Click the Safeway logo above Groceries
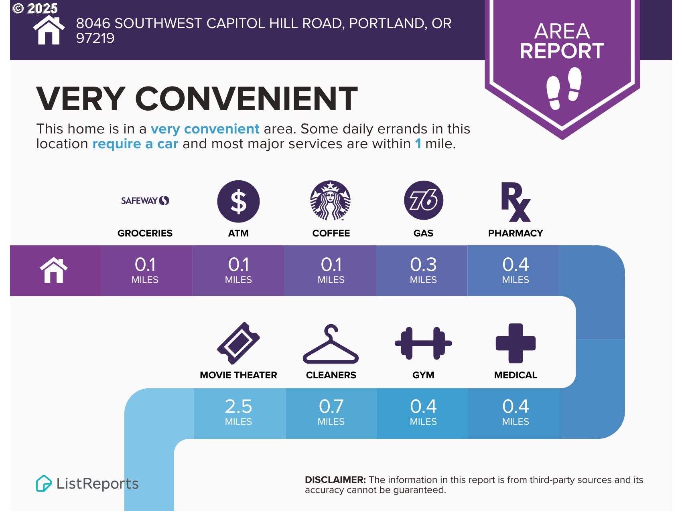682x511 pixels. click(x=145, y=200)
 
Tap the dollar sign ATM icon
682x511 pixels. click(x=238, y=201)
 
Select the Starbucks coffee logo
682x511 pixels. click(x=331, y=200)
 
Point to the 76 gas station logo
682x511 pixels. click(x=424, y=200)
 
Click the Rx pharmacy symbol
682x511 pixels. click(x=516, y=202)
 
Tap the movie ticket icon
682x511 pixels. click(x=238, y=343)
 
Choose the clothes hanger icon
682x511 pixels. click(x=331, y=344)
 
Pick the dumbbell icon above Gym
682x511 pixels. click(x=424, y=343)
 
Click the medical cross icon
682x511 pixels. click(x=516, y=343)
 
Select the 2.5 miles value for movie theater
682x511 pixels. click(x=238, y=411)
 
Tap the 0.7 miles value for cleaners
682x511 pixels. click(x=331, y=411)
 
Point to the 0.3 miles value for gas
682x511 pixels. click(x=423, y=269)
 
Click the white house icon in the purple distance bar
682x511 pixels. click(x=54, y=270)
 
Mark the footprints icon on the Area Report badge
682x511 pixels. click(x=564, y=88)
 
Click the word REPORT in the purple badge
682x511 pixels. click(x=562, y=51)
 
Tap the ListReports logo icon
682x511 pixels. click(x=44, y=483)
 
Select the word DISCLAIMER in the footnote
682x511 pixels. click(x=335, y=480)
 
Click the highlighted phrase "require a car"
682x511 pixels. click(x=135, y=143)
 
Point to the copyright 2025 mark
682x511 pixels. click(x=35, y=8)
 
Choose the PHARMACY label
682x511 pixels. click(x=516, y=233)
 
